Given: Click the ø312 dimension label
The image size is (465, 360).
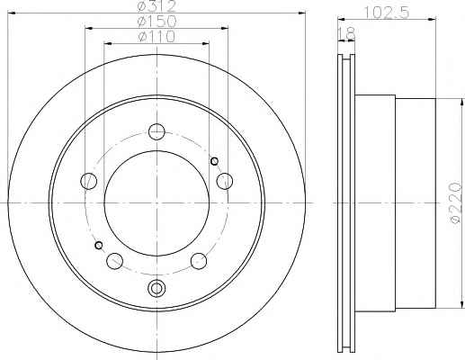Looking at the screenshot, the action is pyautogui.click(x=156, y=6).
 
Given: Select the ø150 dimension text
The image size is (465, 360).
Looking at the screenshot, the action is pyautogui.click(x=156, y=21).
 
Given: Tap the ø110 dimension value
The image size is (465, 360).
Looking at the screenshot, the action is pyautogui.click(x=156, y=37).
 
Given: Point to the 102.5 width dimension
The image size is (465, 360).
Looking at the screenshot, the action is pyautogui.click(x=387, y=13).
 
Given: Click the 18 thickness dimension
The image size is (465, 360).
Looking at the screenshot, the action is pyautogui.click(x=346, y=33).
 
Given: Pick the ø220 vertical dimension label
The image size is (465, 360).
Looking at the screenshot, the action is pyautogui.click(x=456, y=202).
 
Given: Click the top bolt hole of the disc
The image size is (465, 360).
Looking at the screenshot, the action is pyautogui.click(x=156, y=131).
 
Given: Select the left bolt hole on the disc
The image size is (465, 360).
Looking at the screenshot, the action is pyautogui.click(x=89, y=181).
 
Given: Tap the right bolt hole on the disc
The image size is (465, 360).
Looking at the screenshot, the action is pyautogui.click(x=225, y=181).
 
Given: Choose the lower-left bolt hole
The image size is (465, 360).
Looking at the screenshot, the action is pyautogui.click(x=114, y=261).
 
